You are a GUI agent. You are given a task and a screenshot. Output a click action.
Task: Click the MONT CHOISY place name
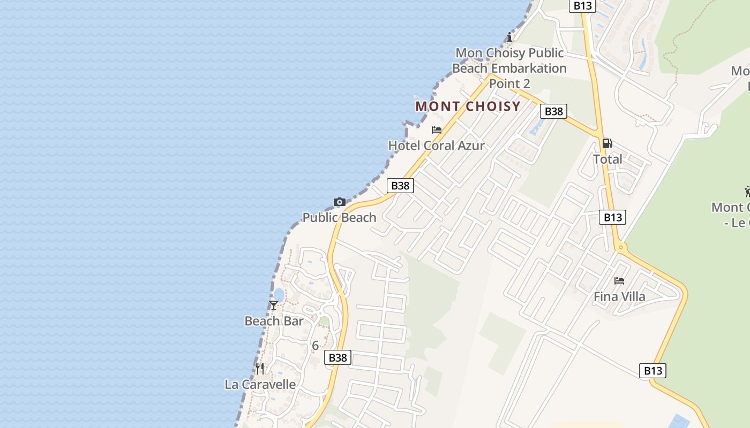click(x=468, y=106)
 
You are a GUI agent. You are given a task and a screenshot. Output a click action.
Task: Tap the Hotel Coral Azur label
click(x=436, y=145)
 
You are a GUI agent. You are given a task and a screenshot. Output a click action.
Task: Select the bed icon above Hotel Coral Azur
click(x=437, y=129)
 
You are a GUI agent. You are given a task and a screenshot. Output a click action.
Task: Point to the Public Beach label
click(x=339, y=217)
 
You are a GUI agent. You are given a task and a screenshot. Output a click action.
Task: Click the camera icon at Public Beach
click(x=339, y=202)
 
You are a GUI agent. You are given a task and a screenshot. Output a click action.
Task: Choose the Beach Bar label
click(x=274, y=321)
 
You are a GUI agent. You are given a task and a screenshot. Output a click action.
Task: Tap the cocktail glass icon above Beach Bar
click(x=274, y=305)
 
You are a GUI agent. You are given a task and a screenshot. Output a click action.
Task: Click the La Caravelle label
click(x=260, y=384)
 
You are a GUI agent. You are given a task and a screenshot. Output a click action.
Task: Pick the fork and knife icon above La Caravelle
click(x=260, y=368)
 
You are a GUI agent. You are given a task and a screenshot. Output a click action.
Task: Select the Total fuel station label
click(x=607, y=159)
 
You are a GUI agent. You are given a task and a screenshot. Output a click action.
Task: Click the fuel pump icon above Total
click(x=607, y=143)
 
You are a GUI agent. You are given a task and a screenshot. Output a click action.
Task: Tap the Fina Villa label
click(x=619, y=296)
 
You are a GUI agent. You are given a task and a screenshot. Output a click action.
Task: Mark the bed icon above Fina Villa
click(x=619, y=280)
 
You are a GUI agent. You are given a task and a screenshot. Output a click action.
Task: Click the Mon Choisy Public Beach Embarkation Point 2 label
click(x=509, y=68)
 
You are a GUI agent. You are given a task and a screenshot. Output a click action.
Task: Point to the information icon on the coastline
click(x=509, y=37)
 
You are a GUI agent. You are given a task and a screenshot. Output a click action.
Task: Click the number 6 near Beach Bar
click(x=315, y=346)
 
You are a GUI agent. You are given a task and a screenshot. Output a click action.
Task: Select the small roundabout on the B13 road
click(x=621, y=247)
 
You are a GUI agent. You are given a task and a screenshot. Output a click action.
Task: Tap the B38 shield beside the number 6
click(x=337, y=357)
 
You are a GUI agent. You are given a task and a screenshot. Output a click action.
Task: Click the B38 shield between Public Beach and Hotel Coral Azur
click(x=400, y=186)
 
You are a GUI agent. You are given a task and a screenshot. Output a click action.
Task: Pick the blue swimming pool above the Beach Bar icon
click(x=279, y=295)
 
